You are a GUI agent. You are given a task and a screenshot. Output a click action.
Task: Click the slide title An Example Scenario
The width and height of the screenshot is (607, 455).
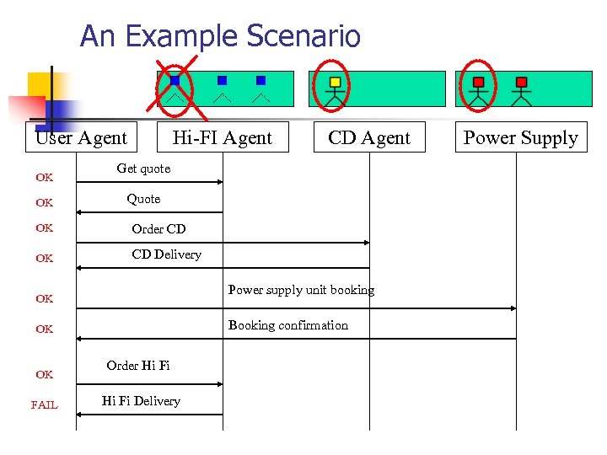220,36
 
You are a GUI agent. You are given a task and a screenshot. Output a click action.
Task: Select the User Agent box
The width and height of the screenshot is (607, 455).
81,137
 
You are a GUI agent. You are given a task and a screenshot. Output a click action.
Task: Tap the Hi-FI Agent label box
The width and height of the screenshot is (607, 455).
223,137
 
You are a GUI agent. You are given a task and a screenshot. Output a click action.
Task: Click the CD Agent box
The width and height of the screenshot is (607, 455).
369,137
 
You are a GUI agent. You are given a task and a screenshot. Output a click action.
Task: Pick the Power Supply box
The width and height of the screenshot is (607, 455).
520,137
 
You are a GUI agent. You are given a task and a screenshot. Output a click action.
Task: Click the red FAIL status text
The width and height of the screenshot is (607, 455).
44,405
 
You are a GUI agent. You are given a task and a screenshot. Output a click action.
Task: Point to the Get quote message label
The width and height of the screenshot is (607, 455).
143,169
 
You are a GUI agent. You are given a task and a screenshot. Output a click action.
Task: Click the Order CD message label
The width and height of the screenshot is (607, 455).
158,229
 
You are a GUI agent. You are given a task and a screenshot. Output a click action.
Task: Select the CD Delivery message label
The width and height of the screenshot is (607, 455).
166,254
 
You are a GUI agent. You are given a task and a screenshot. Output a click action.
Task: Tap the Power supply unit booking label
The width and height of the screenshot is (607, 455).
301,290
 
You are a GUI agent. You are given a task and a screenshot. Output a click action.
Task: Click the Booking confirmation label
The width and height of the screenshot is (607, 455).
287,325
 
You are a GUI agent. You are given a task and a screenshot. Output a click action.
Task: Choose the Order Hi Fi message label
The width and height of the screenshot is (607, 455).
137,366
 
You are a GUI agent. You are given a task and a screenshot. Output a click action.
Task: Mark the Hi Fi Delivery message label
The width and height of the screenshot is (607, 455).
141,401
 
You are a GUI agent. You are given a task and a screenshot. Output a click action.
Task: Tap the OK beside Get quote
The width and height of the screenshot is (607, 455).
44,178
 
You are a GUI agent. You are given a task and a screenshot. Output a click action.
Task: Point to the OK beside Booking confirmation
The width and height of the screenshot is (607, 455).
44,329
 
